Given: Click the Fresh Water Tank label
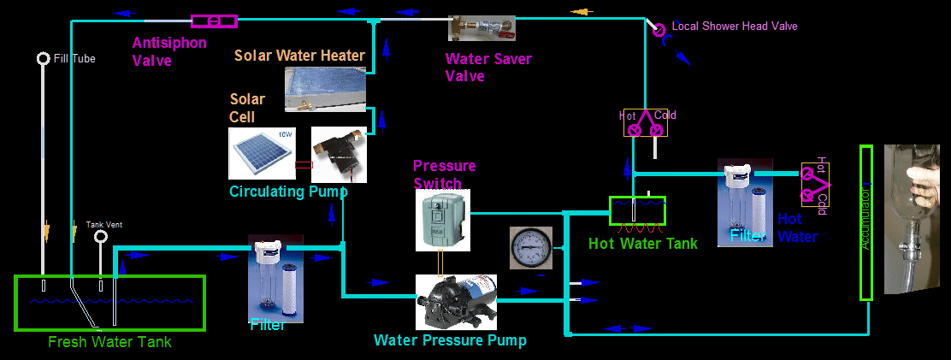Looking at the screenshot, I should click(x=109, y=342).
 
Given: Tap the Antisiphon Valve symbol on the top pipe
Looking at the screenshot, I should click(x=214, y=21).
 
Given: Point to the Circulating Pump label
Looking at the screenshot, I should click(x=288, y=192).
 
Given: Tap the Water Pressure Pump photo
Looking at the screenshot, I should click(x=456, y=301).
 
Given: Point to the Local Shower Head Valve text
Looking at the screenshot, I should click(x=735, y=27).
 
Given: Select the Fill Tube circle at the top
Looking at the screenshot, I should click(x=43, y=58).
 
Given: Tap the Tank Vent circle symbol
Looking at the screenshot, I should click(x=101, y=236).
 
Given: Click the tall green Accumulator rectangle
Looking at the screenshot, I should click(x=865, y=222).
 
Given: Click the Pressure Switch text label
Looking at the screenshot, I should click(x=444, y=174).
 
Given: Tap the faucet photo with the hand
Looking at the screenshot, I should click(x=916, y=219).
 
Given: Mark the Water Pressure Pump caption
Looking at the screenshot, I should click(x=450, y=340).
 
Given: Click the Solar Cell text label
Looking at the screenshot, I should click(x=247, y=108).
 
